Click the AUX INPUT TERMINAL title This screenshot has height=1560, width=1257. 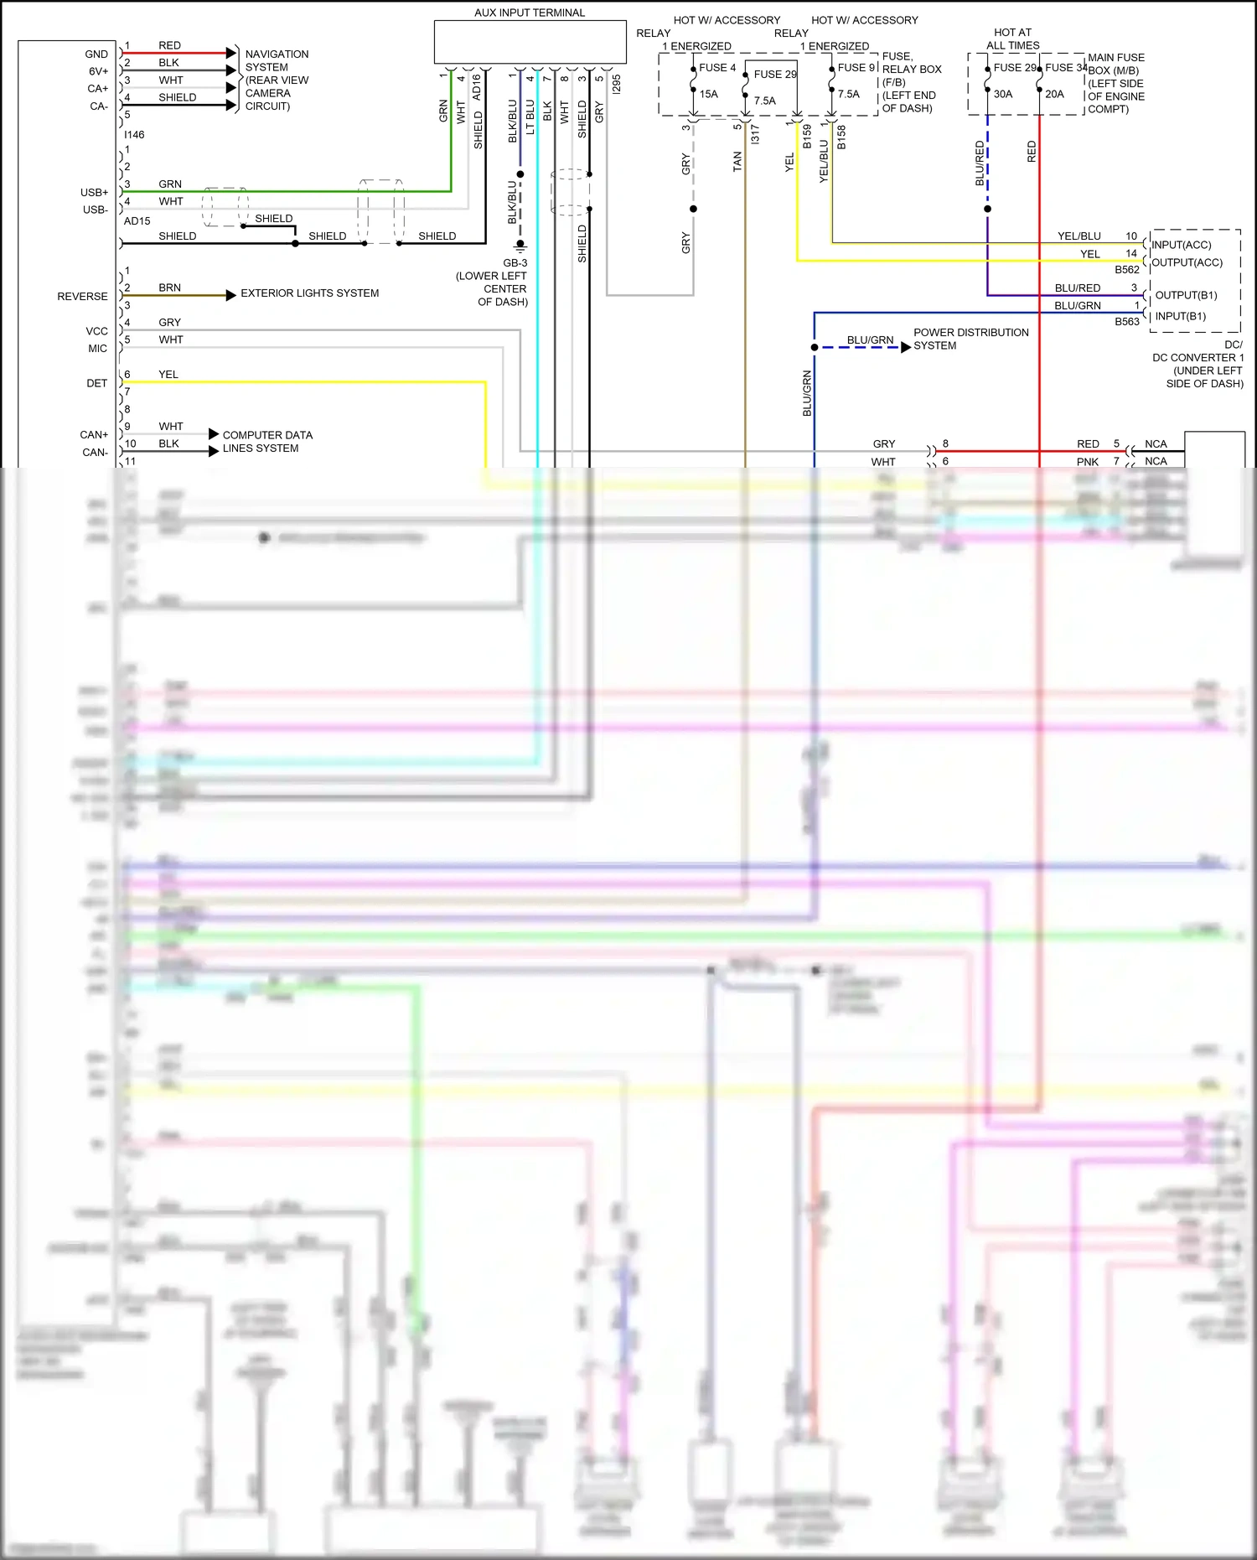tap(530, 13)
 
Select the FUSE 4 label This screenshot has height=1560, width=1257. tap(717, 68)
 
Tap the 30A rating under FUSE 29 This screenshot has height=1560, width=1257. tap(1003, 94)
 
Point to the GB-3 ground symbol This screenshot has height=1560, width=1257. tap(520, 247)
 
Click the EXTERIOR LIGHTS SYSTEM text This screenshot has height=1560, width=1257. tap(309, 293)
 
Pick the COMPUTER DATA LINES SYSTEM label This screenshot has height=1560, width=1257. tap(266, 442)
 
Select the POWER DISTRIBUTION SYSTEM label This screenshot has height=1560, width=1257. tap(970, 339)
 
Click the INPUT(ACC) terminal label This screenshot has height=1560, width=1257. tap(1181, 245)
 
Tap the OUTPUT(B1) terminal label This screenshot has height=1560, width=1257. tap(1186, 295)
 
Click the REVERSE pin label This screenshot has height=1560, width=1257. tap(82, 297)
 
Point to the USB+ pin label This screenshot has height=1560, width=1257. tap(94, 192)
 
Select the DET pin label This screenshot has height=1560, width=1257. tap(96, 383)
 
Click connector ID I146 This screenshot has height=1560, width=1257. tap(134, 134)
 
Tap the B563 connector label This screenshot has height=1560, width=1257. tap(1126, 321)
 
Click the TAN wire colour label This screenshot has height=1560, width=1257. tap(737, 162)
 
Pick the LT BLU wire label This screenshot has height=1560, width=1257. tap(530, 117)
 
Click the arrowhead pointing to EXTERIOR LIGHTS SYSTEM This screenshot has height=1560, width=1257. tap(231, 295)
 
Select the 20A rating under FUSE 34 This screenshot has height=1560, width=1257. tap(1054, 94)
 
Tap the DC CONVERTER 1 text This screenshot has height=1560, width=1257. tap(1198, 357)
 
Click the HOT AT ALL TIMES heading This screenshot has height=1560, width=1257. tap(1012, 39)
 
